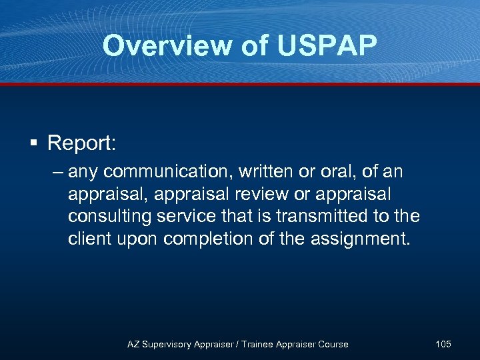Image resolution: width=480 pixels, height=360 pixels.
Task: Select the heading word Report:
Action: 81,143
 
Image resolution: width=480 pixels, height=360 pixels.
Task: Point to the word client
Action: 88,238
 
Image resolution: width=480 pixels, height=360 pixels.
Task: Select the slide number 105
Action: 443,344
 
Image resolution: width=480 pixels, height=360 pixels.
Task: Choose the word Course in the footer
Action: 332,344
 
